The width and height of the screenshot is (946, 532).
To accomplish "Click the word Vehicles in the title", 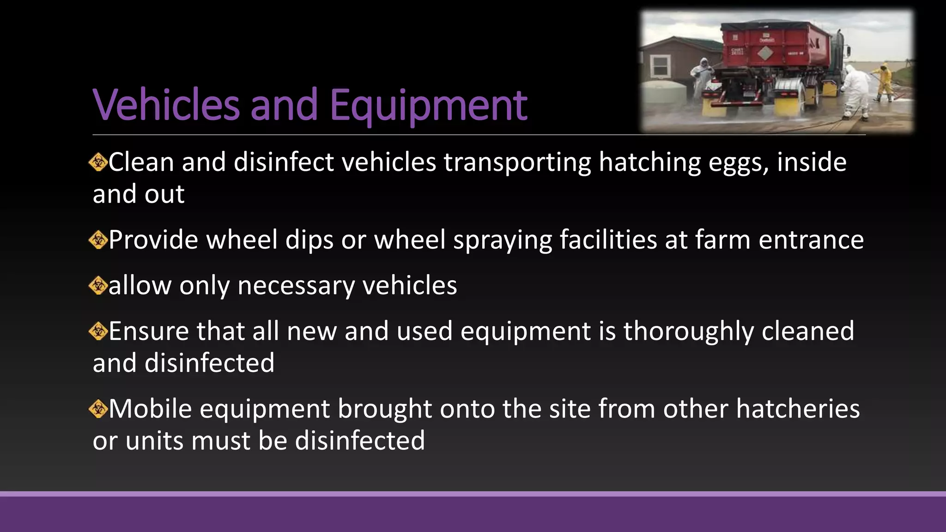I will [166, 105].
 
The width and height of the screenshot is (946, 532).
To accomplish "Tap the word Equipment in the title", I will [428, 105].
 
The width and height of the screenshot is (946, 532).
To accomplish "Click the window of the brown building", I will [661, 66].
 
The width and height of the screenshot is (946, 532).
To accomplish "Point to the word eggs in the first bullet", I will [738, 163].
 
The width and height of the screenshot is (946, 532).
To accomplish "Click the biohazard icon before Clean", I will [98, 162].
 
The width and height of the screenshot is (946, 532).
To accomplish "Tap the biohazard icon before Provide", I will [98, 240].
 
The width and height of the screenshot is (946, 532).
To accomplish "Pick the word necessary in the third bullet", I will [296, 285].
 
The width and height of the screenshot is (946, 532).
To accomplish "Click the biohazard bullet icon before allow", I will [98, 285].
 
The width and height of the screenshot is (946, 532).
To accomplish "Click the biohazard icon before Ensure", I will [98, 331].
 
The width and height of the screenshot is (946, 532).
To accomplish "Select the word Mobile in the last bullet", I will [150, 409].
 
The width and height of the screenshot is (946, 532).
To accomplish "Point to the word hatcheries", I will [798, 409].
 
